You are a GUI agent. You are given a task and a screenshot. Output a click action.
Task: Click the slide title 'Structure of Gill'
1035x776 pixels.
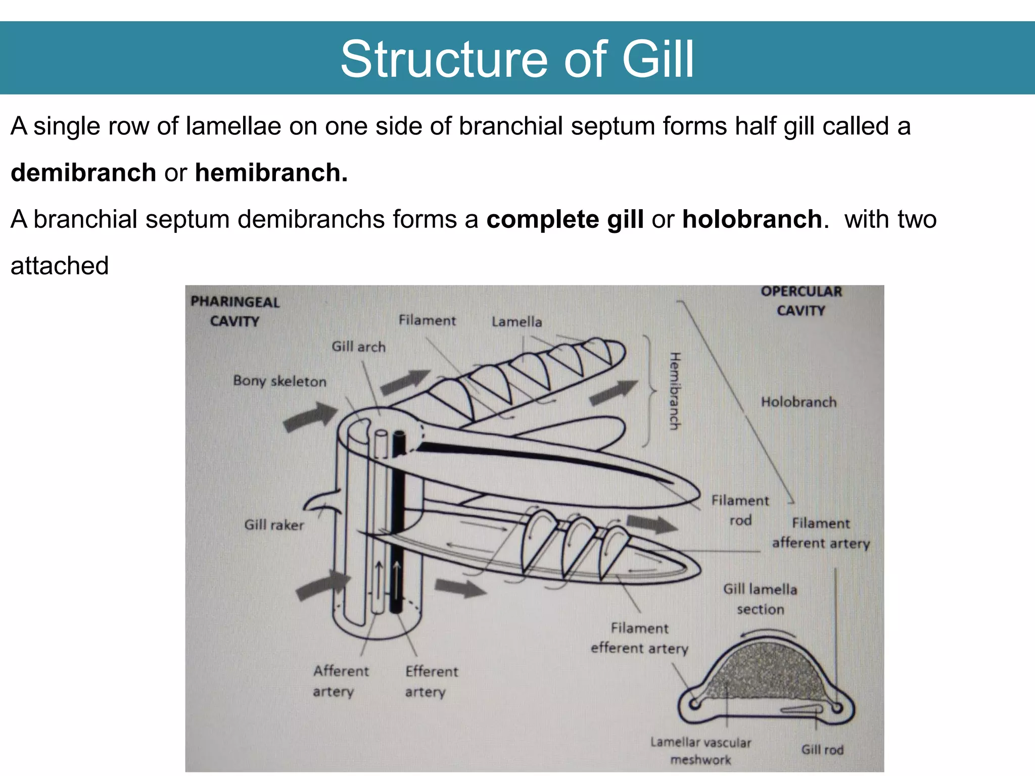point(517,59)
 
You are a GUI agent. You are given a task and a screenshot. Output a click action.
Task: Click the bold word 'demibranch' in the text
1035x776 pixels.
point(83,173)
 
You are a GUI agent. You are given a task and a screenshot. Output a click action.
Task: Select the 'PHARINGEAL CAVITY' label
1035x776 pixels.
point(235,311)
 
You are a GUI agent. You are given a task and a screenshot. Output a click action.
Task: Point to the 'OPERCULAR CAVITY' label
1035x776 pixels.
point(801,301)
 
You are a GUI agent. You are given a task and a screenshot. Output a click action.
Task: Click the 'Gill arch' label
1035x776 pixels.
point(358,347)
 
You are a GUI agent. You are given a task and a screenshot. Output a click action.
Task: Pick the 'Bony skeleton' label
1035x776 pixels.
point(279,381)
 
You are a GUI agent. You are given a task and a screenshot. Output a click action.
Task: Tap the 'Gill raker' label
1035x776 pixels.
point(274,525)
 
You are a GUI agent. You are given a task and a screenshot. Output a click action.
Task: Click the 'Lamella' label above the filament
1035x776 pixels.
point(516,322)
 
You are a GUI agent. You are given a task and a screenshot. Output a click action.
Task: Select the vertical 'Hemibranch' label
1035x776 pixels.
point(675,392)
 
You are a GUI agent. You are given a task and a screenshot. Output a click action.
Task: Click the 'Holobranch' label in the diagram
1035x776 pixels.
point(798,402)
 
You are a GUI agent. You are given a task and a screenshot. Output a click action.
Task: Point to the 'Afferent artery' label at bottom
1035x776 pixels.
point(340,681)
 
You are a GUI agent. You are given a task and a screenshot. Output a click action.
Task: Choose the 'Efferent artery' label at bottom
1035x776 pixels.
point(431,682)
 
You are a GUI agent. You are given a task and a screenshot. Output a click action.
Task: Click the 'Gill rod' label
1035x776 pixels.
point(822,750)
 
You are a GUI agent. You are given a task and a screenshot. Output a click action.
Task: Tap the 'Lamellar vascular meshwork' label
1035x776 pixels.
point(700,751)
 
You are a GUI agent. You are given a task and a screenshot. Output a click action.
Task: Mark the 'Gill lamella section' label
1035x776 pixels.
point(760,599)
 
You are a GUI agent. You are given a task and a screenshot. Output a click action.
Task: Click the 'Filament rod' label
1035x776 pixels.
point(740,510)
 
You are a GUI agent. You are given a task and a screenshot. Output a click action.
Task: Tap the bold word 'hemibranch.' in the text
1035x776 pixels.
point(271,173)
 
